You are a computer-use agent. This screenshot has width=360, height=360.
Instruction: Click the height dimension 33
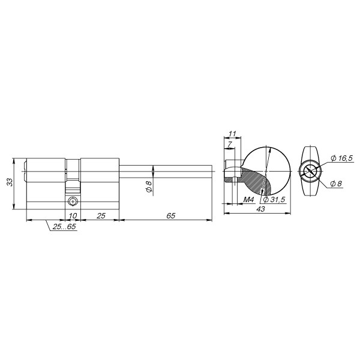pos(10,182)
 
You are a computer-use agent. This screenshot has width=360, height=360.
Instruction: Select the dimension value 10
pos(73,215)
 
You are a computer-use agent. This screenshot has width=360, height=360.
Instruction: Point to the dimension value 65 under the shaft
pos(170,215)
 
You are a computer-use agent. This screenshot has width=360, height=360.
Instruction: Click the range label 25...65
pos(64,227)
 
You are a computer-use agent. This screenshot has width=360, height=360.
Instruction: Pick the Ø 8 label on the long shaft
pos(148,187)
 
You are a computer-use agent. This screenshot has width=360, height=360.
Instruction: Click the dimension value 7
pos(229,145)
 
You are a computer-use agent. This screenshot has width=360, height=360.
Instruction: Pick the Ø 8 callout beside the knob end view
pos(336,184)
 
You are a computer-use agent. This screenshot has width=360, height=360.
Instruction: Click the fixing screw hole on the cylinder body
pos(73,200)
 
